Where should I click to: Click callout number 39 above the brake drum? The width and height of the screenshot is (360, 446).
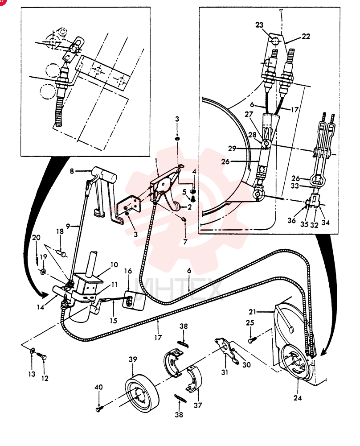[x=133, y=359]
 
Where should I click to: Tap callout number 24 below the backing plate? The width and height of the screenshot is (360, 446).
[x=298, y=398]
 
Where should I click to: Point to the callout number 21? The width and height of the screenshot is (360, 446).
[x=252, y=312]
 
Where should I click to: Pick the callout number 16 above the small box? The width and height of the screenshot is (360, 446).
[x=128, y=271]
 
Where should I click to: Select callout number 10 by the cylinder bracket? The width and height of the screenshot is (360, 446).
[x=114, y=264]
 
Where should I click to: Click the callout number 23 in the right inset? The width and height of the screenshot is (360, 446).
[x=259, y=25]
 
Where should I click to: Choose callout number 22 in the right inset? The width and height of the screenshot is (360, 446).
[x=306, y=37]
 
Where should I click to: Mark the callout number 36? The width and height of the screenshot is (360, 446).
[x=291, y=220]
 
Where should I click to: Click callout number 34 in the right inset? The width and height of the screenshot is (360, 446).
[x=325, y=223]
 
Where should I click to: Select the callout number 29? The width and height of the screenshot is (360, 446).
[x=232, y=149]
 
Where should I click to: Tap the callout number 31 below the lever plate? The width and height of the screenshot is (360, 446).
[x=225, y=372]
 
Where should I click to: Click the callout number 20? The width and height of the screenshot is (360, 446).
[x=36, y=237]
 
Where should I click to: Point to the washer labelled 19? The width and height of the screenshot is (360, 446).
[x=43, y=271]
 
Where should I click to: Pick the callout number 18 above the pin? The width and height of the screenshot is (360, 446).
[x=60, y=231]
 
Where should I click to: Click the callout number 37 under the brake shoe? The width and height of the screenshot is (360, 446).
[x=198, y=405]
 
